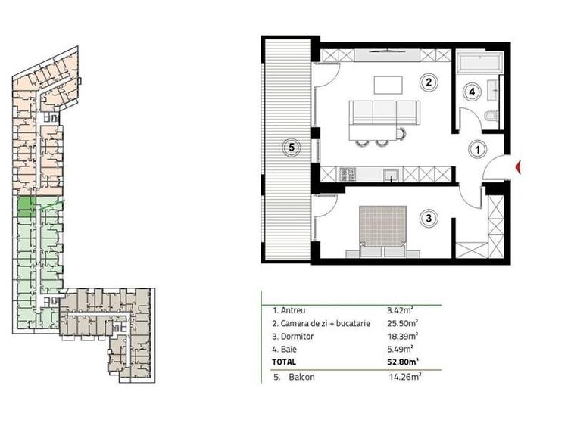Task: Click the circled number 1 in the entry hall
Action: pyautogui.click(x=476, y=149)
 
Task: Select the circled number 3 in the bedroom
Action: pyautogui.click(x=429, y=219)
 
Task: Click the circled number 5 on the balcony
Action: pyautogui.click(x=289, y=147)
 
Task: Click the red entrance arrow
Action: pyautogui.click(x=518, y=167)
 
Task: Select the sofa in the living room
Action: pyautogui.click(x=384, y=112)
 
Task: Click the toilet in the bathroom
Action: pyautogui.click(x=491, y=116)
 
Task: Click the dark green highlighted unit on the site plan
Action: pyautogui.click(x=25, y=207)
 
